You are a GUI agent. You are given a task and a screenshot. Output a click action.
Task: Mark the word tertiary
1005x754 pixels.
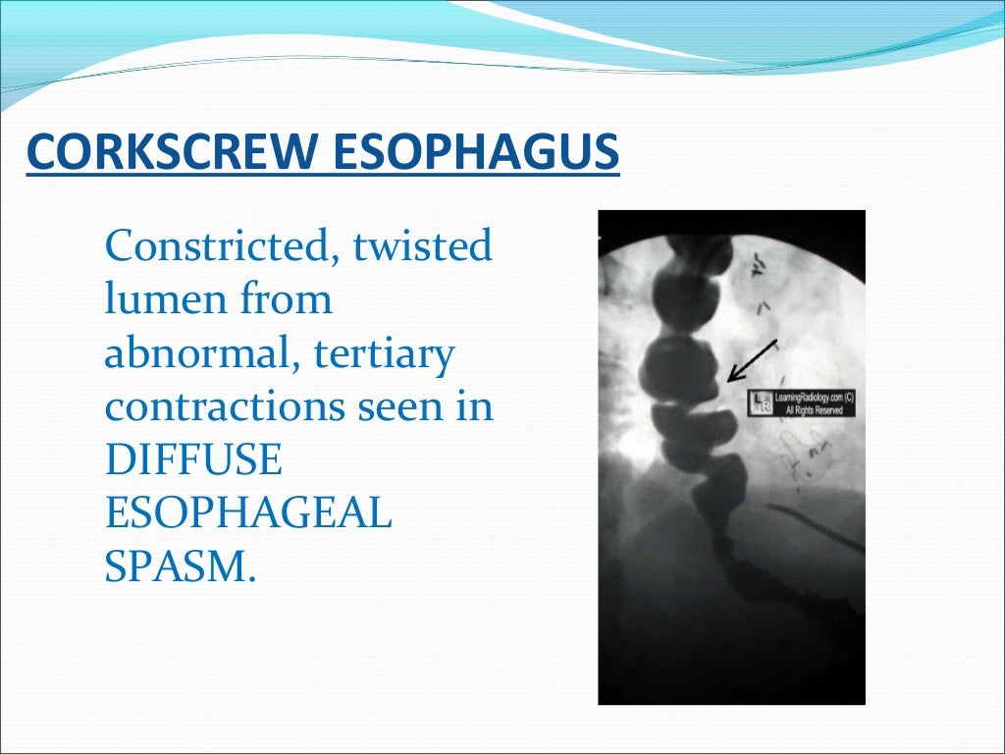[x=384, y=352]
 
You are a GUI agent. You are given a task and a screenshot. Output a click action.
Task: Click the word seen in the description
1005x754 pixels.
[x=390, y=406]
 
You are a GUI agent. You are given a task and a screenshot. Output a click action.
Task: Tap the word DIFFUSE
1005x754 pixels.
[x=193, y=460]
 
